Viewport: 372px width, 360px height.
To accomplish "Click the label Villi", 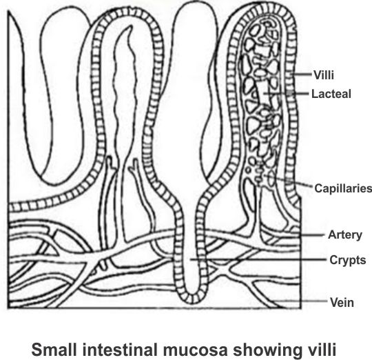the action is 324,75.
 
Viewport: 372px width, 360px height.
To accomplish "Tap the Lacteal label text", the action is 331,94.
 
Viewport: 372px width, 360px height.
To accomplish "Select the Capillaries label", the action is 343,188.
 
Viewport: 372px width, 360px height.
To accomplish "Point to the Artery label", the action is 345,235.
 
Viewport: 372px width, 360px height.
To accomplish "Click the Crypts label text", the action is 348,260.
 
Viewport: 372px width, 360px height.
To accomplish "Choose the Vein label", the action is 342,303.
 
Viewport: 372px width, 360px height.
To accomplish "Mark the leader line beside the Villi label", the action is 301,74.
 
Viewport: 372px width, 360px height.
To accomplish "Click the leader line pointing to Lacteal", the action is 287,93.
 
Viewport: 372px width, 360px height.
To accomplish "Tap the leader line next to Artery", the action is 312,235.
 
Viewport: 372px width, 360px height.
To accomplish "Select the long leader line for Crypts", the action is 258,259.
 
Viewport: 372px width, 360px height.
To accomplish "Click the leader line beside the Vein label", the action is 300,301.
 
